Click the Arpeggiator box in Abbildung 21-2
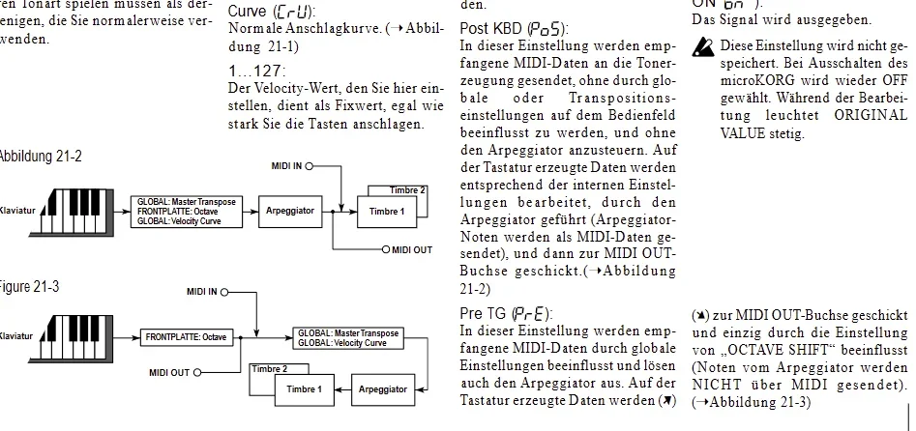pyautogui.click(x=290, y=210)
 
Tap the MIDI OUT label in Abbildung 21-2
pyautogui.click(x=411, y=250)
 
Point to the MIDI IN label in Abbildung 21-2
pyautogui.click(x=286, y=165)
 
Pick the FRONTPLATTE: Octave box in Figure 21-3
pyautogui.click(x=187, y=337)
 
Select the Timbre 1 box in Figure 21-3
pyautogui.click(x=303, y=389)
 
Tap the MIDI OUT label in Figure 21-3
pyautogui.click(x=169, y=372)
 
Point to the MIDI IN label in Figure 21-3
pyautogui.click(x=202, y=291)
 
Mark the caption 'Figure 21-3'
pyautogui.click(x=31, y=287)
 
